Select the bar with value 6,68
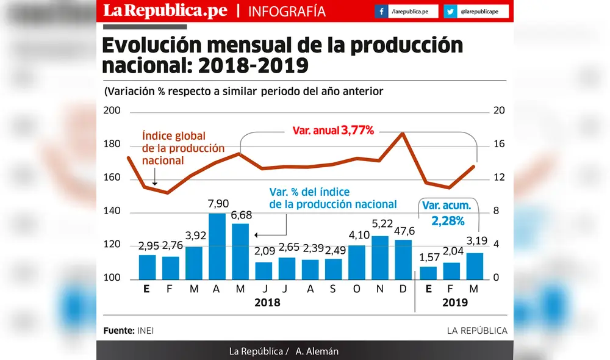240,251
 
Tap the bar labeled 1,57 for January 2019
428,272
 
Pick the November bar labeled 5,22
380,257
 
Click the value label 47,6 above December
403,231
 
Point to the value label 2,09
264,250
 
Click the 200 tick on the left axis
113,111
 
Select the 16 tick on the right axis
498,145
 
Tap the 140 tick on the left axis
113,212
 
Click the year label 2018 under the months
267,303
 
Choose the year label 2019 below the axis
454,303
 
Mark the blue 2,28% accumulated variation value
448,220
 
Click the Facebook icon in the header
381,12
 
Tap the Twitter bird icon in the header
450,12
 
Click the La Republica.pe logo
165,11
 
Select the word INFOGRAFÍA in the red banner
287,12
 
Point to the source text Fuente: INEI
128,331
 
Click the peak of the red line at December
403,133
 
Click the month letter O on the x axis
356,289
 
